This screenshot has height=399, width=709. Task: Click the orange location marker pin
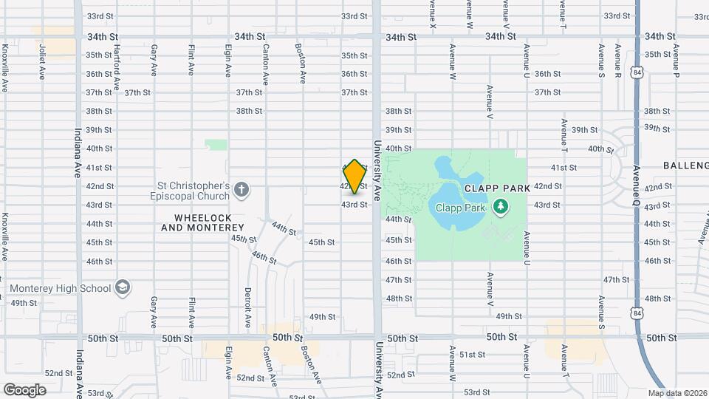coord(355,176)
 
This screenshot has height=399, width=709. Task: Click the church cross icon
coord(241,191)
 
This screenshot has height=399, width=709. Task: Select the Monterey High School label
coord(61,288)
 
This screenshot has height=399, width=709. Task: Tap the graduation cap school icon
coord(123,288)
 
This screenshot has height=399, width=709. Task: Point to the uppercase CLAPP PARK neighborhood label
coord(497,188)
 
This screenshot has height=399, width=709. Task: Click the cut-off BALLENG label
coord(685,166)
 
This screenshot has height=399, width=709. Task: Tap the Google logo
coord(24,390)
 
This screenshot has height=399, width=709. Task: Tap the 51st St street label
coord(472,355)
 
